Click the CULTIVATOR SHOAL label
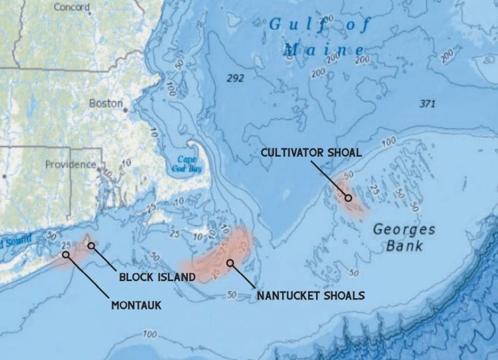311,152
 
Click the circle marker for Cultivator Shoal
348,197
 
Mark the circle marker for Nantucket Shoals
230,262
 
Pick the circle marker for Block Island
92,245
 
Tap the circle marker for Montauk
66,254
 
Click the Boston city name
106,104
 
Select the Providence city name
70,164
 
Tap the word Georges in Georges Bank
404,230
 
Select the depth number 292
235,78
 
